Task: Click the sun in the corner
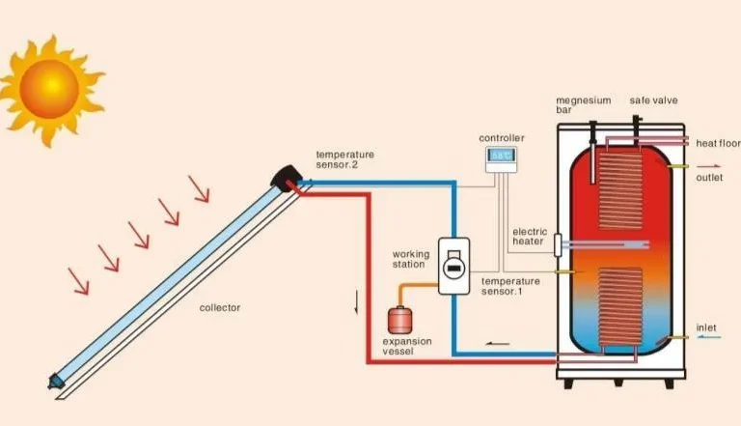click(48, 89)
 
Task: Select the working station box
click(453, 266)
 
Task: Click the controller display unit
click(500, 158)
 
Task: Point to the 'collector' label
click(219, 308)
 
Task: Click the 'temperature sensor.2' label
click(344, 159)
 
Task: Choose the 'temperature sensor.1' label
click(508, 286)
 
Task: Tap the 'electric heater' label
click(530, 237)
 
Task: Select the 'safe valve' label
click(654, 99)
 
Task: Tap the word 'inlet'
click(706, 328)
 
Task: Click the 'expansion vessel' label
click(407, 347)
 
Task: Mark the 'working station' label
click(411, 259)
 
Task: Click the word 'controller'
click(505, 138)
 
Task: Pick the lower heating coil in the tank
click(620, 306)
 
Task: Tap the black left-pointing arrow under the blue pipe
click(498, 342)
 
